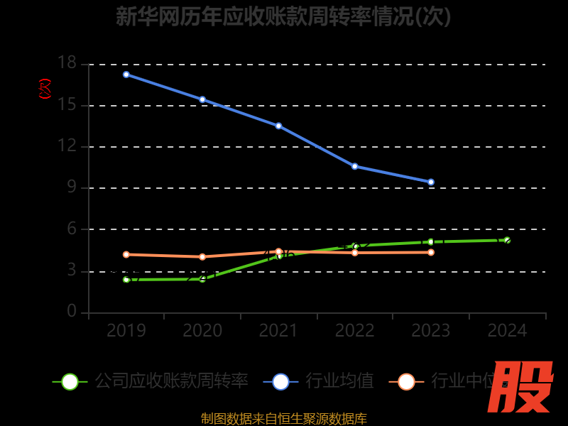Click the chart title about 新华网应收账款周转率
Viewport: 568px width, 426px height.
(283, 16)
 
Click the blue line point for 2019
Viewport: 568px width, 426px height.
(126, 75)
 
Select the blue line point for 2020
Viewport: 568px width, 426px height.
(202, 99)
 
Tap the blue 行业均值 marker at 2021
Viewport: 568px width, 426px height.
(278, 126)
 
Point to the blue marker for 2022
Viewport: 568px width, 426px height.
(354, 166)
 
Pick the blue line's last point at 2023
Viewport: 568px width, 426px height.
(431, 182)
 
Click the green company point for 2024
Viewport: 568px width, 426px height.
(507, 240)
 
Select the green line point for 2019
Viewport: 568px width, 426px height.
(126, 280)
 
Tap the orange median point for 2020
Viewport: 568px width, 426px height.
(202, 257)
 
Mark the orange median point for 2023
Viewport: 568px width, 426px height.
(431, 252)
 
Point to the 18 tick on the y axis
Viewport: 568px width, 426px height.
(67, 64)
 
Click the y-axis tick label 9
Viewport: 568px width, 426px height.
(72, 188)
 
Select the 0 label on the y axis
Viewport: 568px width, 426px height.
(72, 312)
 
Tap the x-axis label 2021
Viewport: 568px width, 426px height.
(278, 331)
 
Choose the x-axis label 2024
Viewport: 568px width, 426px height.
(507, 331)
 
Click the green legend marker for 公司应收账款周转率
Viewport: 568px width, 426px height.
(70, 381)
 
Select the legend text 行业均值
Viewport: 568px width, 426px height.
(339, 381)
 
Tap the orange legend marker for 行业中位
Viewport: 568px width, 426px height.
(406, 381)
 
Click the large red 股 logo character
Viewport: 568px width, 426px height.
(521, 388)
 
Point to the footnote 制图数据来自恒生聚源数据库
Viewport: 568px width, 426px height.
(283, 419)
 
